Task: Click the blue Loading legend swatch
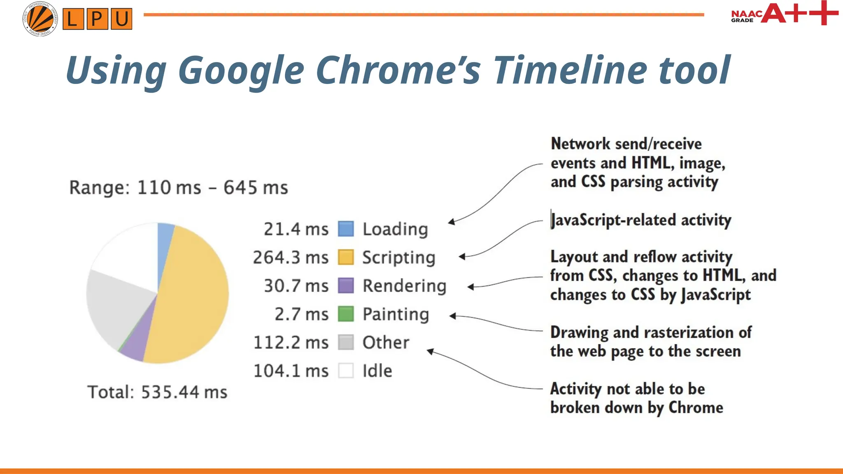point(346,229)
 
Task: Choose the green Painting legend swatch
point(346,314)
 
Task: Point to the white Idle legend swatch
point(346,370)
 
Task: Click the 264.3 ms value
point(291,258)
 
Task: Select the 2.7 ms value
point(301,314)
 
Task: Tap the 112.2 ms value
point(291,342)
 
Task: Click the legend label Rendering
point(404,286)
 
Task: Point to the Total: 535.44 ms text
point(157,392)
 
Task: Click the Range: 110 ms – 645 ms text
point(179,188)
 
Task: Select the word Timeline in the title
point(571,70)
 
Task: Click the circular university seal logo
point(40,19)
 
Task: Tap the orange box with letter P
point(97,19)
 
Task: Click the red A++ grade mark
point(799,13)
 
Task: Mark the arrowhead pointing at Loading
point(452,222)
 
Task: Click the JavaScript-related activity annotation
point(640,220)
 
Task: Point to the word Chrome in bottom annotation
point(696,408)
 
